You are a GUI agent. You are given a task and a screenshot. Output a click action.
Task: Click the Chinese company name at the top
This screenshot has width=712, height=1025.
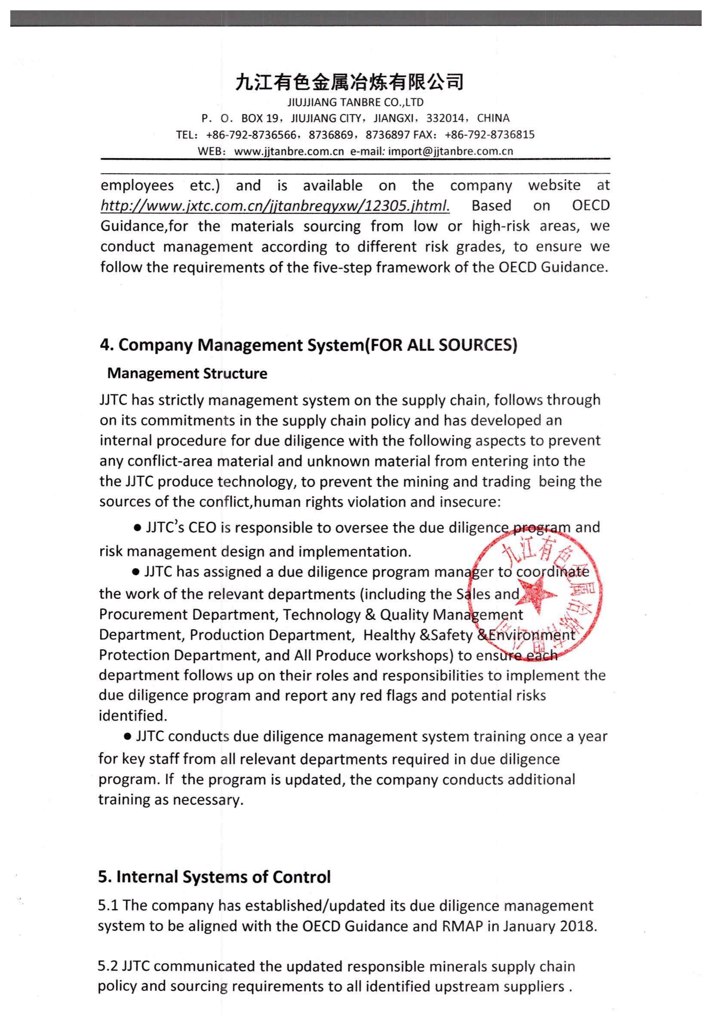coord(349,82)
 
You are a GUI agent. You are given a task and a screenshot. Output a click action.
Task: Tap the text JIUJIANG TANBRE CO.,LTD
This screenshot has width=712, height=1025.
coord(356,103)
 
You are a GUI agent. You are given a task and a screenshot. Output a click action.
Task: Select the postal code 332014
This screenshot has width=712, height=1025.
coord(445,118)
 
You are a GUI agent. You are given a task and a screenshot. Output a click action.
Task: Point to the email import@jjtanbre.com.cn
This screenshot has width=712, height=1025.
coord(451,151)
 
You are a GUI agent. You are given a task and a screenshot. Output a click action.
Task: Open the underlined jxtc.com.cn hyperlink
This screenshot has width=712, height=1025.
coord(275,206)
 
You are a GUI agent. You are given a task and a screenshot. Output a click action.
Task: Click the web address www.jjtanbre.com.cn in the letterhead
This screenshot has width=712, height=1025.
coord(289,151)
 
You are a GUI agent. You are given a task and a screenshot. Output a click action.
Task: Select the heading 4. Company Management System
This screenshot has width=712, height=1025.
coord(308,345)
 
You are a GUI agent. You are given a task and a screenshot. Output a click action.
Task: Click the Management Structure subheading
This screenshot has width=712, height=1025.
coord(187,373)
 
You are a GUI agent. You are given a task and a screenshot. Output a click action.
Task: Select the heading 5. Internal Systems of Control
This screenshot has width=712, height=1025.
coord(214,877)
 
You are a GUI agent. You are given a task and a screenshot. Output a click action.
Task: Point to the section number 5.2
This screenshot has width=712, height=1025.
coord(108,967)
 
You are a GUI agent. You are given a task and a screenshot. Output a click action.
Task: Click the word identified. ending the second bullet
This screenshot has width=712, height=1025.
coord(133,716)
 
